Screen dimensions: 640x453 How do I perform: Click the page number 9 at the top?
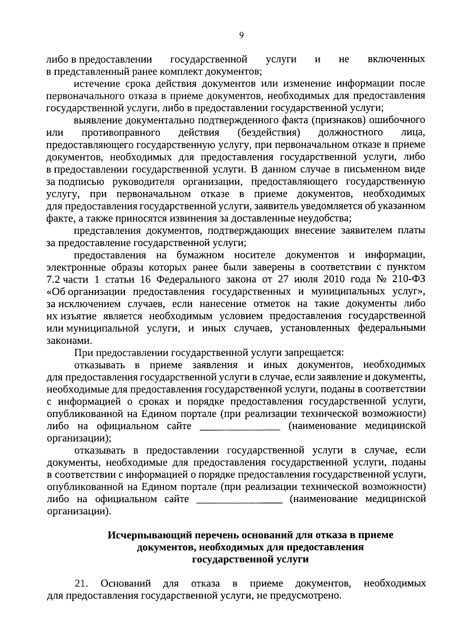[x=242, y=35]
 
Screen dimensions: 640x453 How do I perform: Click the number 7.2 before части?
[x=53, y=280]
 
